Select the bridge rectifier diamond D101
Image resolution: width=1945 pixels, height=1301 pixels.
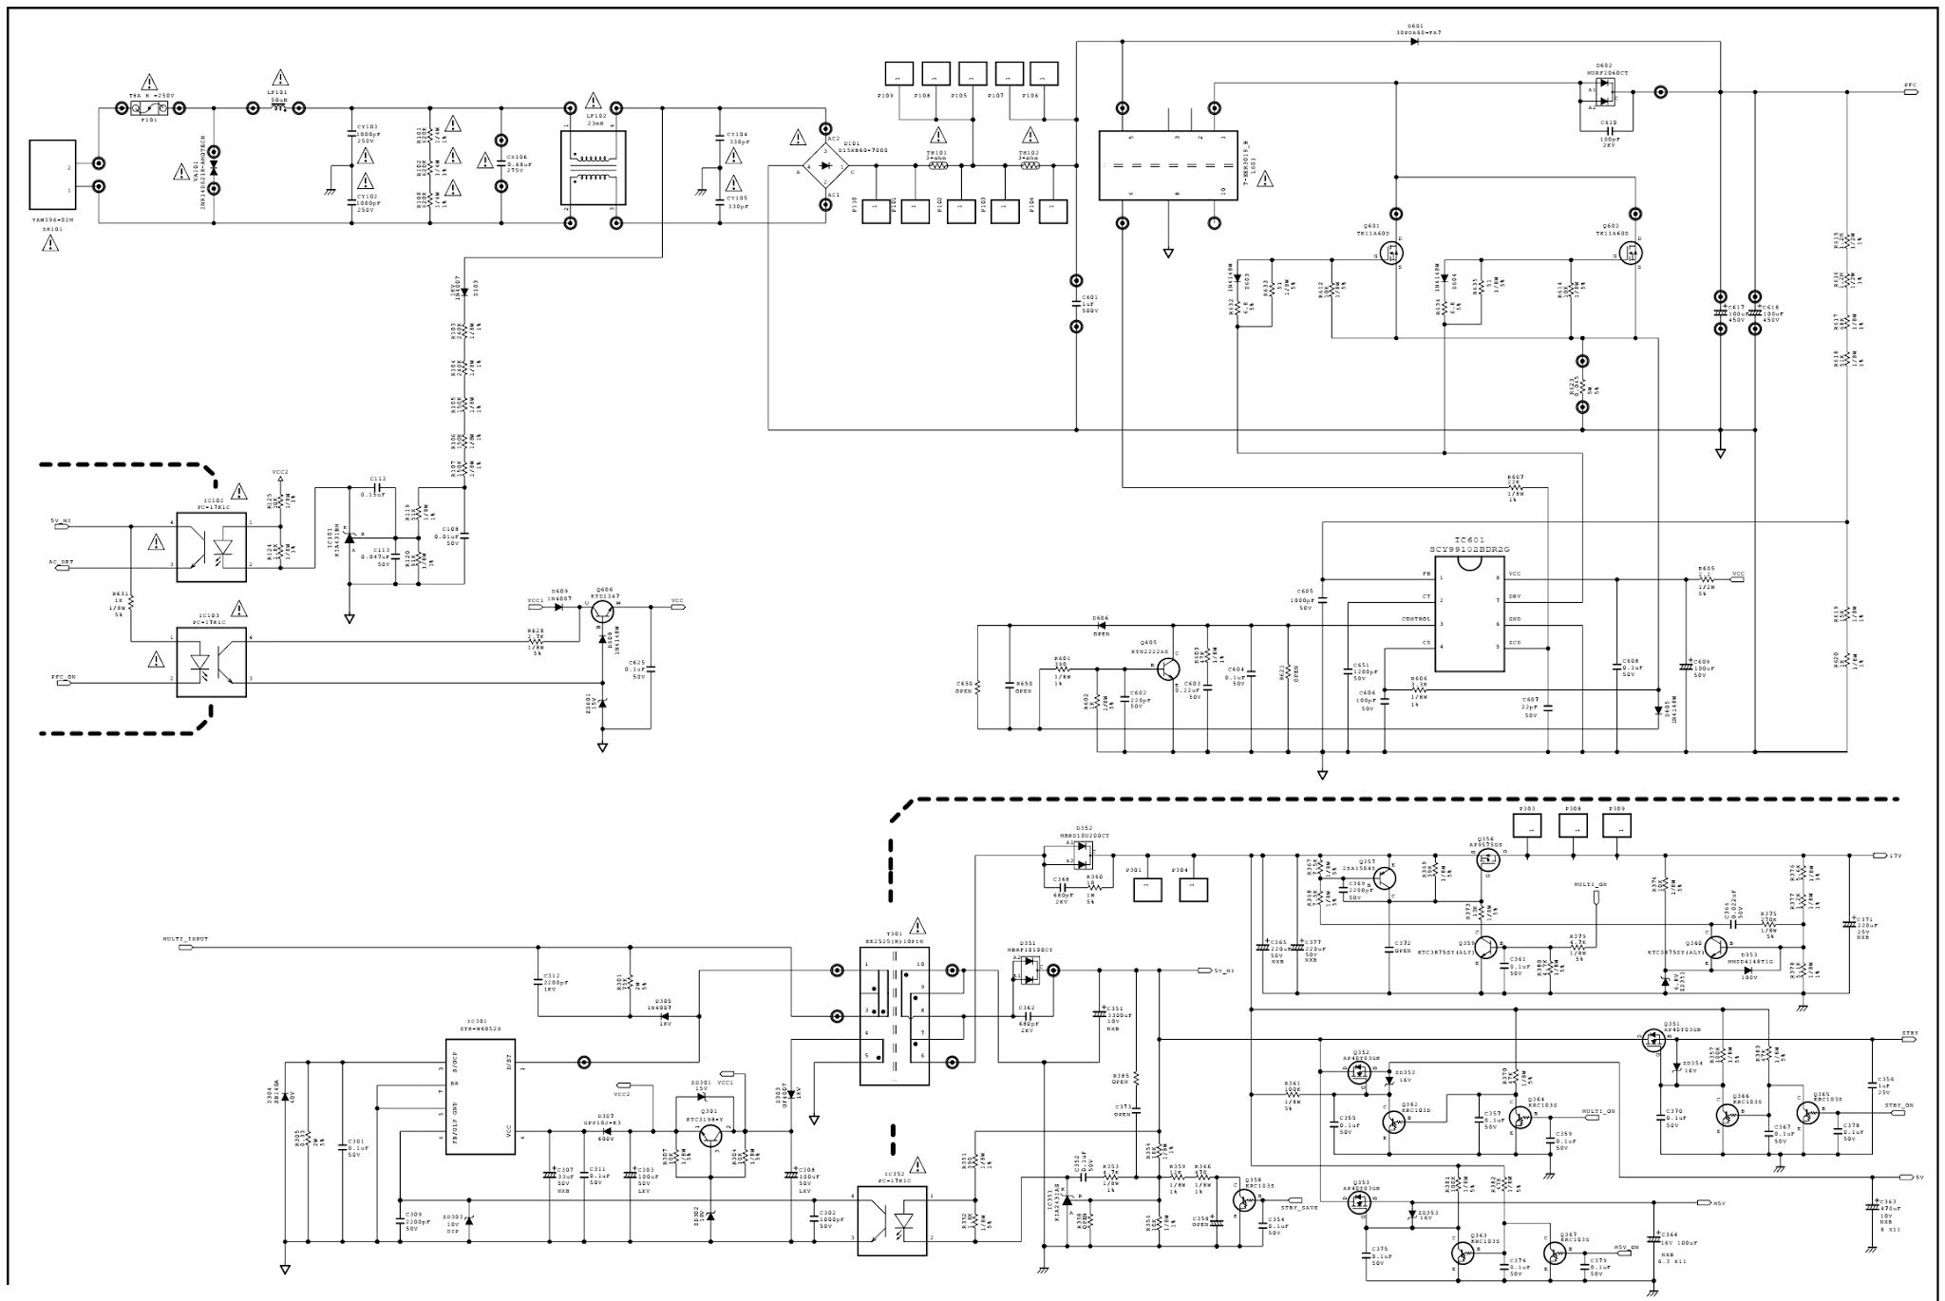coord(826,166)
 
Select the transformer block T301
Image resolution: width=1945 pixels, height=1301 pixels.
coord(894,1015)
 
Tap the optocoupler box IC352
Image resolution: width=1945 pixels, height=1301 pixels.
coord(892,1219)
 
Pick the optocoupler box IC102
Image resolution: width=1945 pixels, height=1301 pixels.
coord(211,547)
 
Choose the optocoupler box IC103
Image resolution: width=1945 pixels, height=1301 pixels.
coord(211,661)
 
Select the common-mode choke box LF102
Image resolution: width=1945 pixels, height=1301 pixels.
coord(592,166)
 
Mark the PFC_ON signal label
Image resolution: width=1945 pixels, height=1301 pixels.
coord(64,678)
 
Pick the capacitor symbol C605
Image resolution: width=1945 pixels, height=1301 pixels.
coord(1322,600)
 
